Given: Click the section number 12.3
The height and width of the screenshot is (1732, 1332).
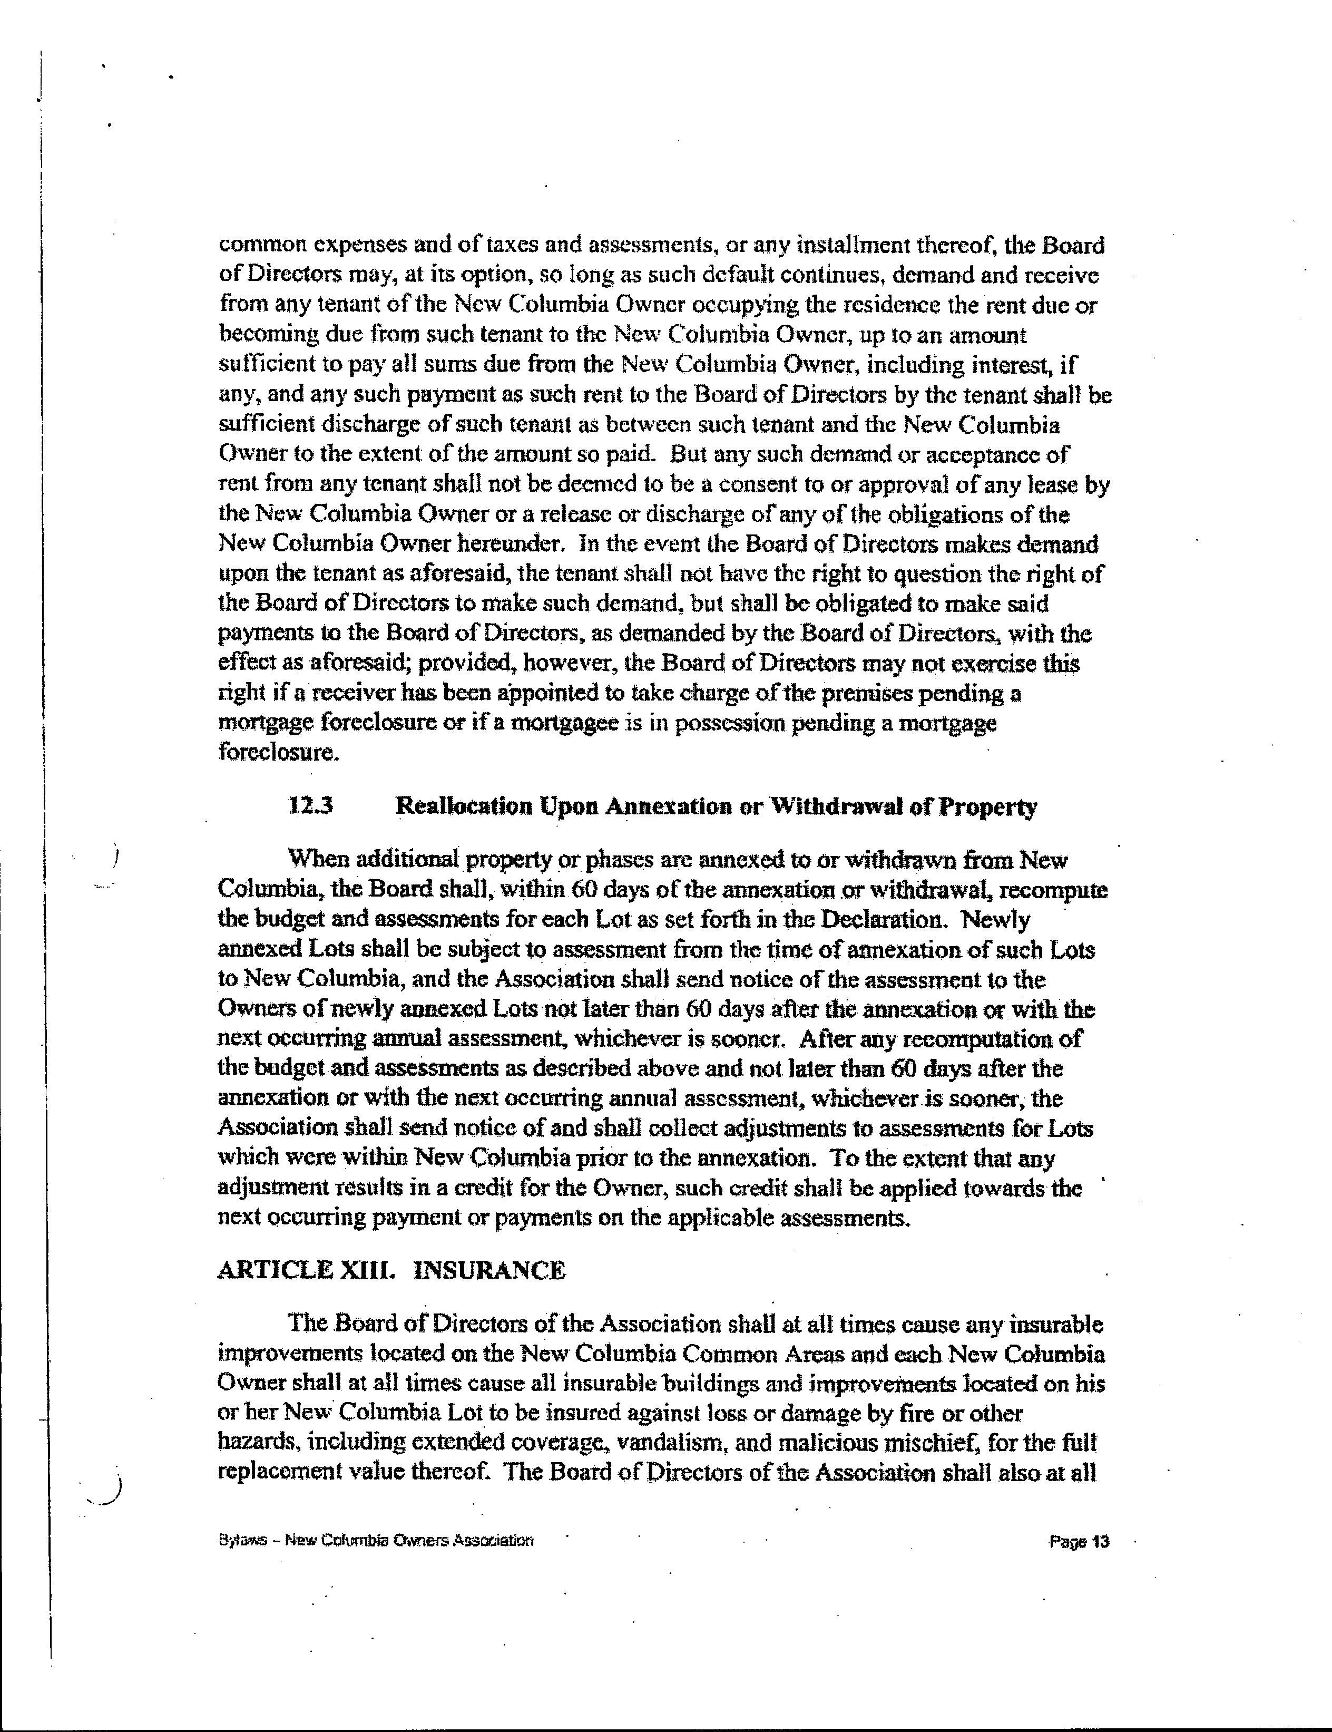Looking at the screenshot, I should coord(311,806).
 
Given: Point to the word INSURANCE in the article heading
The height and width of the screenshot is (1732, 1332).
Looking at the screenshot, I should coord(491,1270).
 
